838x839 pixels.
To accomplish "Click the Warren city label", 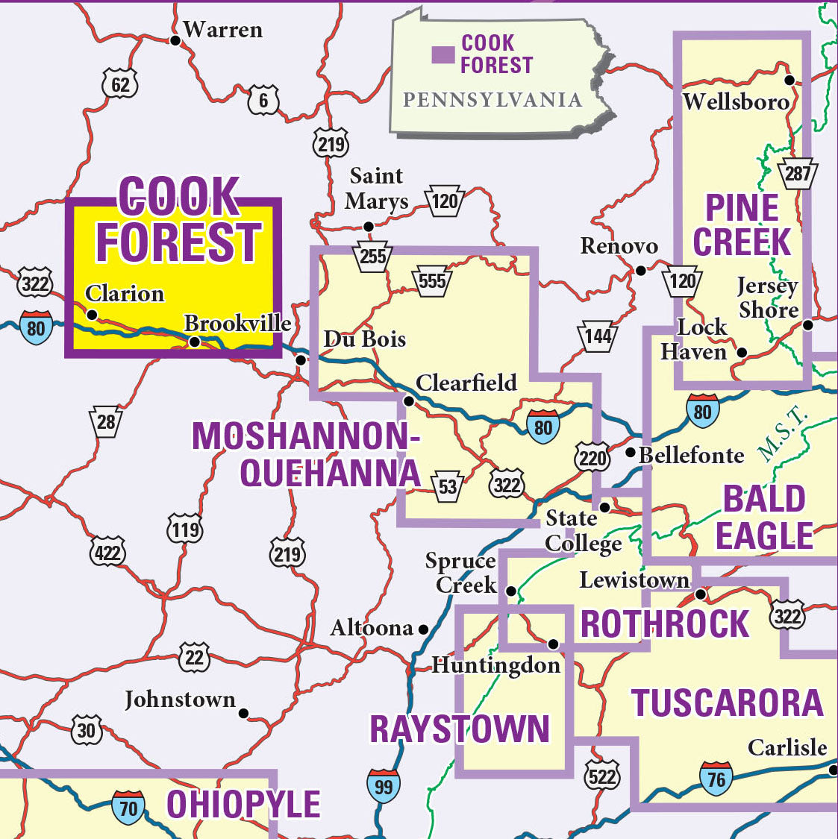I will pyautogui.click(x=222, y=30).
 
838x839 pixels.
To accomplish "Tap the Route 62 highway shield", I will pyautogui.click(x=119, y=84).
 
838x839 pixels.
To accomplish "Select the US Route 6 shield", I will pyautogui.click(x=263, y=101).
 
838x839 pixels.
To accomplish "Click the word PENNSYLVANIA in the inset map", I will pyautogui.click(x=492, y=100).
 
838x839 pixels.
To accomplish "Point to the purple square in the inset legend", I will pyautogui.click(x=443, y=54).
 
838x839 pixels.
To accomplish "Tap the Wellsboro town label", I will pyautogui.click(x=736, y=101).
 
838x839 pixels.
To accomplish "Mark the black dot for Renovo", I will pyautogui.click(x=640, y=271).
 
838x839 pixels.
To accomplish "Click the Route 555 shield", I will pyautogui.click(x=431, y=281).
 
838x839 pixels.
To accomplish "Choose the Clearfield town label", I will pyautogui.click(x=466, y=383).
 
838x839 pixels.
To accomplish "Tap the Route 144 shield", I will pyautogui.click(x=597, y=337).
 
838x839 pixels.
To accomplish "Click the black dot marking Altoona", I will pyautogui.click(x=423, y=629).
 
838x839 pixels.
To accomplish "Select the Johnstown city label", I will pyautogui.click(x=180, y=700).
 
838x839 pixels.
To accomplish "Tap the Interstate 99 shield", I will pyautogui.click(x=383, y=785).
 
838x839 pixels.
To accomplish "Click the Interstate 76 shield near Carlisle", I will pyautogui.click(x=716, y=779).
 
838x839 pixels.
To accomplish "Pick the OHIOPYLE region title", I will pyautogui.click(x=243, y=804).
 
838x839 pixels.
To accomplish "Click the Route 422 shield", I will pyautogui.click(x=107, y=553).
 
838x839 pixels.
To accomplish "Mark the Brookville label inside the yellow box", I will pyautogui.click(x=237, y=323).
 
